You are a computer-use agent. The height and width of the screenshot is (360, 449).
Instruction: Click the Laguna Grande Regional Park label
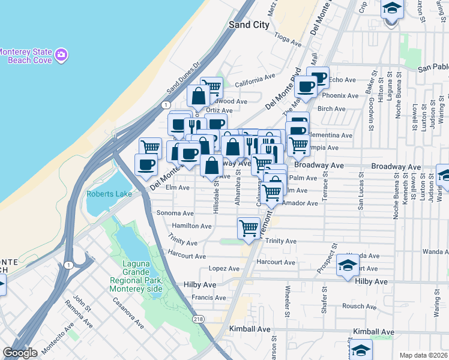136,275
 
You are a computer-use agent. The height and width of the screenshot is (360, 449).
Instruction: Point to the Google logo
20,353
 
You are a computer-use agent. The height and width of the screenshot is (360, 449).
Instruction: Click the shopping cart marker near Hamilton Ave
249,227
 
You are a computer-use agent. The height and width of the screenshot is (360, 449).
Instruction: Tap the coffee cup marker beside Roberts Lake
146,164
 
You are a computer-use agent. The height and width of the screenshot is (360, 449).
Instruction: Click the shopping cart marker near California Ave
211,87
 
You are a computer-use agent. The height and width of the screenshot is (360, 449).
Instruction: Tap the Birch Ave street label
331,109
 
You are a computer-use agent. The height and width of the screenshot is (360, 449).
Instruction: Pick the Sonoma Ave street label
175,213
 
